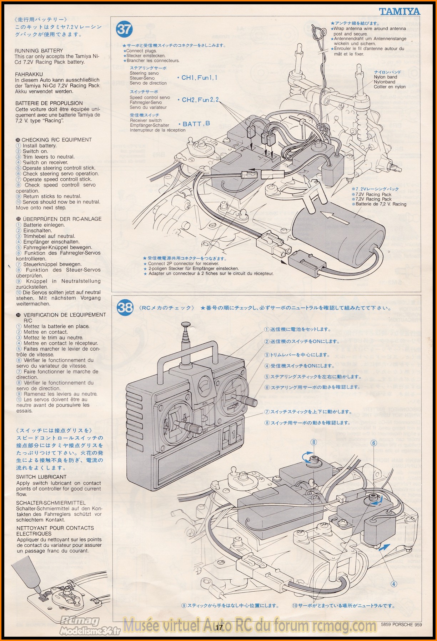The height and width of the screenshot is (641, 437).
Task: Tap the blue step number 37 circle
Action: tap(124, 29)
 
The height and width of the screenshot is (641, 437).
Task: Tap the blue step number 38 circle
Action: tap(125, 307)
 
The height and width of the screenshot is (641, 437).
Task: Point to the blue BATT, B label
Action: tap(196, 124)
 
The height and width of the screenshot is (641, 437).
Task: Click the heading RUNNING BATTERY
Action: tap(39, 51)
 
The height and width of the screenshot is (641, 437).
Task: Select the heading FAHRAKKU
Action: tap(29, 74)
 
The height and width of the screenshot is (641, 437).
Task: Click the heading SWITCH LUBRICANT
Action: tap(41, 477)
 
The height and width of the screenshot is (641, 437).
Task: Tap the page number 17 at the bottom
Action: tap(219, 627)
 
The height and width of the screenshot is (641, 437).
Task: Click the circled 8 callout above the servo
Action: tap(314, 442)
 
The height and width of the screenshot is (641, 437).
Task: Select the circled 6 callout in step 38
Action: tap(374, 443)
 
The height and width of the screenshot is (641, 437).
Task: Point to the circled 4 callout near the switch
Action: tap(393, 584)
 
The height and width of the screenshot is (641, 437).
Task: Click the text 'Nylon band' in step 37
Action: tap(385, 77)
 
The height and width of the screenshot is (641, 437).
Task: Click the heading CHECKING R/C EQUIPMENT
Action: tap(56, 140)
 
